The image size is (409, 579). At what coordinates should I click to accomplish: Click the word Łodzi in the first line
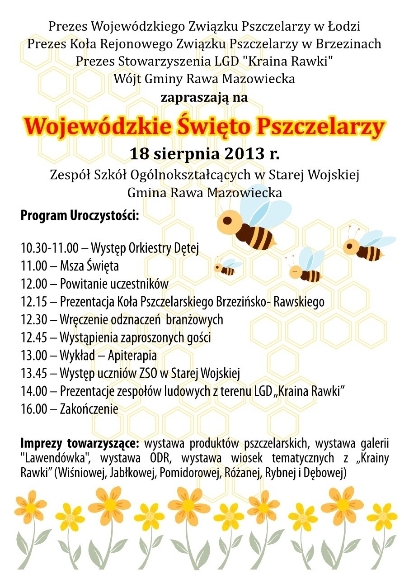[343, 27]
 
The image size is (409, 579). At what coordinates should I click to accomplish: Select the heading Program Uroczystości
[80, 215]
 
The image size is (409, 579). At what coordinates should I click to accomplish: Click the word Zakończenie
[89, 409]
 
